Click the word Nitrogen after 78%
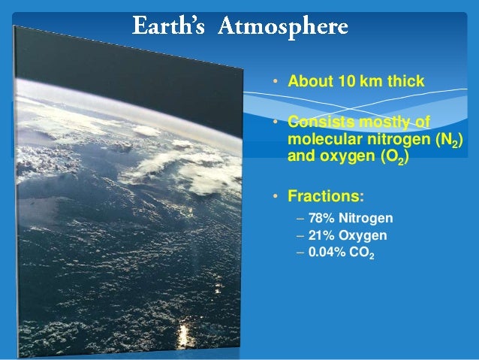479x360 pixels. click(366, 219)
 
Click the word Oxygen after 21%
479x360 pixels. click(363, 235)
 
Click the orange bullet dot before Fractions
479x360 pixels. click(276, 198)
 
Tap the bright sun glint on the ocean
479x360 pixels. click(182, 332)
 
